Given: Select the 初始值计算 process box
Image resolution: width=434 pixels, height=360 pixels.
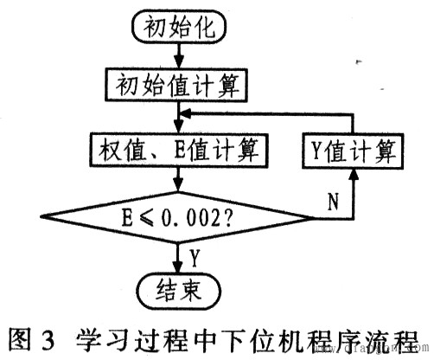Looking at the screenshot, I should point(178,85).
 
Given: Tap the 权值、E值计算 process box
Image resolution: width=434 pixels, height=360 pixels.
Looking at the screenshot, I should point(178,151).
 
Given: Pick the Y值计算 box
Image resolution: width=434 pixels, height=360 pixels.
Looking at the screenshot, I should point(354,151).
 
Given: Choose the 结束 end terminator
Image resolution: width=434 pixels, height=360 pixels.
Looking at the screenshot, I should point(178,289).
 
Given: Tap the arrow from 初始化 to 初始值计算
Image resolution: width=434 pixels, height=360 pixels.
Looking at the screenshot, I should point(178,55).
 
